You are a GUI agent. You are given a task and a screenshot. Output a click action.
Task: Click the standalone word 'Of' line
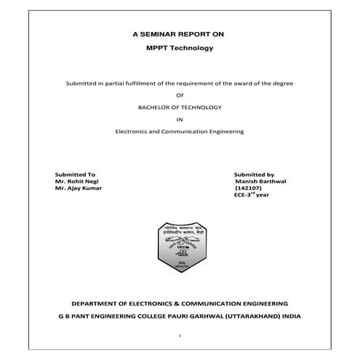pos(180,95)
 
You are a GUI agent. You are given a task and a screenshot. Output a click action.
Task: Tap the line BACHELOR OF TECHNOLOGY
pos(180,107)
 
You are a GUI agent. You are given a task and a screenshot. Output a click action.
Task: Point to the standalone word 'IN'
pos(180,119)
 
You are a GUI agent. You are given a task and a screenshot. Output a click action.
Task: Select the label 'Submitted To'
pos(76,175)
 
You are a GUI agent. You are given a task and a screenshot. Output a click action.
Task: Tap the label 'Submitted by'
pos(254,175)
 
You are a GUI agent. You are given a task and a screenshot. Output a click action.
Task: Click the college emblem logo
pos(180,248)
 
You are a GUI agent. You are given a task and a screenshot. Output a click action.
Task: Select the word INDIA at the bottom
pos(289,316)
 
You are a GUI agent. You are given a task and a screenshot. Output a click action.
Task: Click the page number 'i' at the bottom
pos(180,337)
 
